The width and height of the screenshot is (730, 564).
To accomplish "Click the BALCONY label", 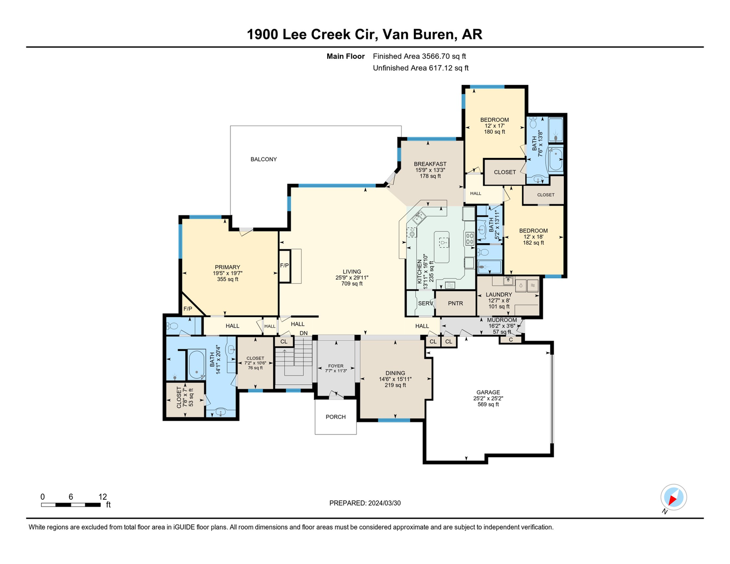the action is [263, 159].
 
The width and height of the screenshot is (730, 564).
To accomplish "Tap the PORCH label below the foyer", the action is [335, 417].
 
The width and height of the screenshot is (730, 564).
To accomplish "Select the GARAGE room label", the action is [488, 392].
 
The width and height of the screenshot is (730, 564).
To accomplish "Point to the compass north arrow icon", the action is [673, 497].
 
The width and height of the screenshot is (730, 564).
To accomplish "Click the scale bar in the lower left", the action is [71, 505].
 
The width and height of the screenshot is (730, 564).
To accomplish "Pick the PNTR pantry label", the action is [455, 303].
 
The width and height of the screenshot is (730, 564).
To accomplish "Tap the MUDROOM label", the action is [501, 320].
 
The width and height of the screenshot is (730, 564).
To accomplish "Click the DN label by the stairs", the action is [303, 333].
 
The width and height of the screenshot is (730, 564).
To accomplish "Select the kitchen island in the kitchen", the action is [442, 247].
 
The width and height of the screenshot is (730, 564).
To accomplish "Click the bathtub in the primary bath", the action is [197, 365].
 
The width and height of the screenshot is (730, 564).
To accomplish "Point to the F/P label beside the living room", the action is [284, 266].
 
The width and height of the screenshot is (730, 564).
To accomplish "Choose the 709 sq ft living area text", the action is [352, 283].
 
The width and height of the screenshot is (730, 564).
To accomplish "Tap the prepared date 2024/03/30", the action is [384, 503].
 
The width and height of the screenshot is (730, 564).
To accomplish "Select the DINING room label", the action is [395, 373].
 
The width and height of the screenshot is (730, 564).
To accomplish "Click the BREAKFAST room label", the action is [430, 164].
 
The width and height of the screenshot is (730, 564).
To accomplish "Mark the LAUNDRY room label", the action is [499, 295].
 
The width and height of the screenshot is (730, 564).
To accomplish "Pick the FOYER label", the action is [336, 366].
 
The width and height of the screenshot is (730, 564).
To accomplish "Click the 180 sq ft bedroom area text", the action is [494, 132].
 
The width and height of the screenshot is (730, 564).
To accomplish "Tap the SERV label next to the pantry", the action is [425, 303].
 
